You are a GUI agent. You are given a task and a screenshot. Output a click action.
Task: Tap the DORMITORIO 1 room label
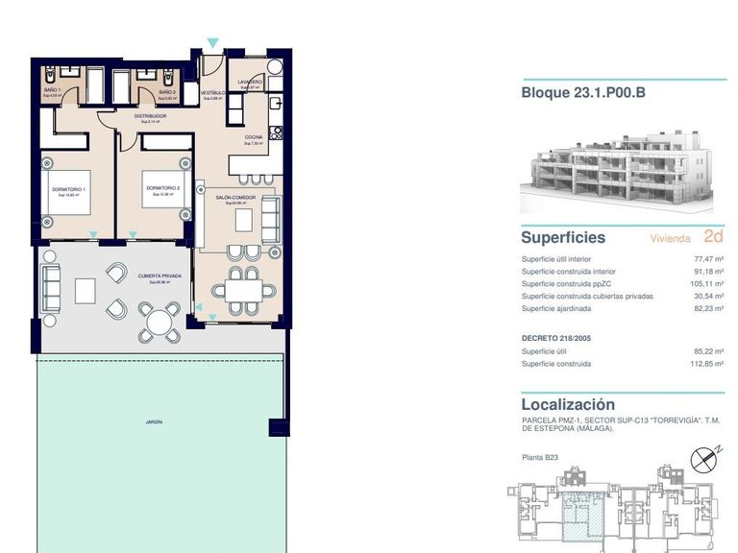tap(68, 189)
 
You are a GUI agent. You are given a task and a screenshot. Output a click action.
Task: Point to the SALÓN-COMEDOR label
tap(236, 198)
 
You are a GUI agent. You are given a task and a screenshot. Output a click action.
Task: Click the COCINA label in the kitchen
tap(253, 137)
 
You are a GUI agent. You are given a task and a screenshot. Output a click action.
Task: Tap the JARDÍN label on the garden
tap(154, 421)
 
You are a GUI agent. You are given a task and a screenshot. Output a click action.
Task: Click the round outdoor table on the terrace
tap(158, 322)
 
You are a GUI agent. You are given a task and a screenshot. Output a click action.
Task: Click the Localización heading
tap(567, 404)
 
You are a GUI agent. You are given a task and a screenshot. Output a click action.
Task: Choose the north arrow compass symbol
tap(707, 458)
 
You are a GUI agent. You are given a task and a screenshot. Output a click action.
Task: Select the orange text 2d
tap(713, 236)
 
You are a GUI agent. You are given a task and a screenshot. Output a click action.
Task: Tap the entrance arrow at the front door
tap(212, 43)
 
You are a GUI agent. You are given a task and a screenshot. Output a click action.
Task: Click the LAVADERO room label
tap(251, 83)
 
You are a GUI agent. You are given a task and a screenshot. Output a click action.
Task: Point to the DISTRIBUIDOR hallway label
tap(151, 115)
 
